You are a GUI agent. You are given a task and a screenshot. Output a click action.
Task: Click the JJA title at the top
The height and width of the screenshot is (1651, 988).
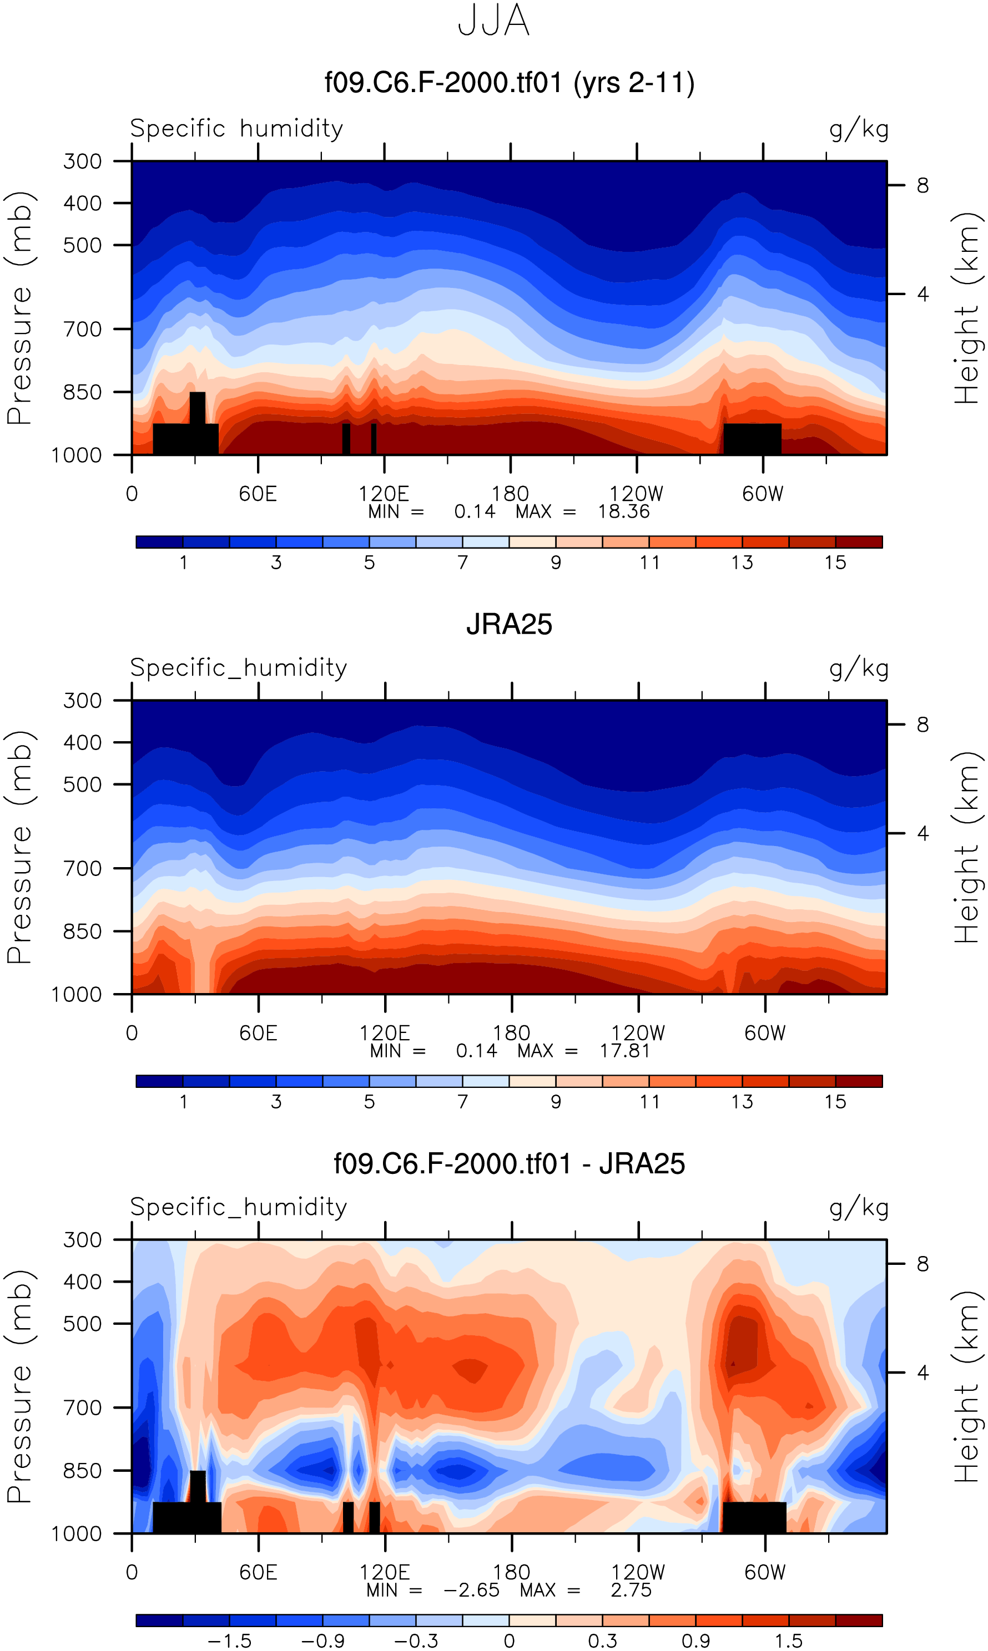[493, 21]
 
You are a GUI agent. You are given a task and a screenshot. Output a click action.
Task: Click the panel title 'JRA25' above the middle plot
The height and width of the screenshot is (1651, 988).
[510, 625]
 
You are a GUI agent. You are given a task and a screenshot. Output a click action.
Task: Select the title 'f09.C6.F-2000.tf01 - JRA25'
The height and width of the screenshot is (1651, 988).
[510, 1164]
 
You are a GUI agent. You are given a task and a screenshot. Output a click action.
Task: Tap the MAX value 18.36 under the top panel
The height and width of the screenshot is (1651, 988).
[623, 511]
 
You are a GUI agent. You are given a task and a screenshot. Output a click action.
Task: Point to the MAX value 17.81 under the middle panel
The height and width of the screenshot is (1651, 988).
[624, 1051]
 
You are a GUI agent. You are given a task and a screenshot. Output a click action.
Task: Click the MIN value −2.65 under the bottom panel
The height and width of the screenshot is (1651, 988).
[471, 1590]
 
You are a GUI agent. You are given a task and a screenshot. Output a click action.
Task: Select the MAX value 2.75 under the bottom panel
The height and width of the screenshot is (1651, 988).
[631, 1590]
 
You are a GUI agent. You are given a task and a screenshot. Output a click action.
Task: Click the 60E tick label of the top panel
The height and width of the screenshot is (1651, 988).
[258, 494]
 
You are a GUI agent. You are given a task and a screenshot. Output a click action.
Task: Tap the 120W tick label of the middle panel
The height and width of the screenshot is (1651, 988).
[638, 1033]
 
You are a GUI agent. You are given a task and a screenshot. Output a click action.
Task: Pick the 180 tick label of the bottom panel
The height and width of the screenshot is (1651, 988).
[511, 1572]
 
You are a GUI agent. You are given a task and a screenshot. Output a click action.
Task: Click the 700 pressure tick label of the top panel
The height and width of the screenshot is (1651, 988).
[83, 329]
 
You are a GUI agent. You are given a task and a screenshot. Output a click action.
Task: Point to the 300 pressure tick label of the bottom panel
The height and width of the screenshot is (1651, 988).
[83, 1240]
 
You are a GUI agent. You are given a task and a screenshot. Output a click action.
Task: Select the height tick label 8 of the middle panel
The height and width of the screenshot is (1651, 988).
[922, 725]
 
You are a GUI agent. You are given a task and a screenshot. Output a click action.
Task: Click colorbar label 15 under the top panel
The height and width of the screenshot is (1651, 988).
[835, 563]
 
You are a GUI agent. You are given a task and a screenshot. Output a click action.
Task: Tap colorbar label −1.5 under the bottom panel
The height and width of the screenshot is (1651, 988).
[229, 1641]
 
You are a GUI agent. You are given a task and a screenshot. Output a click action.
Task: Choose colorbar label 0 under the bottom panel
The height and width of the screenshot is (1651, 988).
[510, 1641]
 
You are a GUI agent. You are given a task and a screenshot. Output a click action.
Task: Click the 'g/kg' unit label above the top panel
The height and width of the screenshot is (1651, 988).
[859, 129]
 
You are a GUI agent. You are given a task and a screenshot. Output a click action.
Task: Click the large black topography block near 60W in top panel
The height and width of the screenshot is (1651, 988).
[752, 438]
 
